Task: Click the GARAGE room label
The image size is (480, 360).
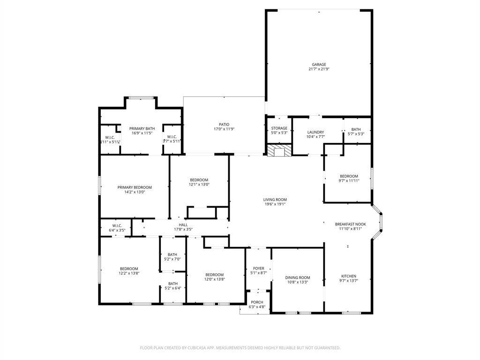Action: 319,65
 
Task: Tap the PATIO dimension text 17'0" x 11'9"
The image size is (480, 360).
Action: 224,129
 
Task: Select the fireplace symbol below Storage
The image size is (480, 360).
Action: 279,150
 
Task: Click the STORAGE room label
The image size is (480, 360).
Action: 279,128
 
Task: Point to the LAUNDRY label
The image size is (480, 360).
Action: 315,132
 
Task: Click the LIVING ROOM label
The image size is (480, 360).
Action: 274,199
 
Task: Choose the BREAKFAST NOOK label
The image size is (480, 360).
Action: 350,224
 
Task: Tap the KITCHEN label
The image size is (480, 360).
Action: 348,276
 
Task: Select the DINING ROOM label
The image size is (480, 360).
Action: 298,277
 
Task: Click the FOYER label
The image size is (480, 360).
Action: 258,269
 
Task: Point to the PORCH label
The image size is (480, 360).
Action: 257,302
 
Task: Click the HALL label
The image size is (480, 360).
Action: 183,225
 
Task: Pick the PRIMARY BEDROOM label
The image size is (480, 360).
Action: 135,187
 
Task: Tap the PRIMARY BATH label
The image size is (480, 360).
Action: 142,128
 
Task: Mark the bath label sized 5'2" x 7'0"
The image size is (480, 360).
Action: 173,255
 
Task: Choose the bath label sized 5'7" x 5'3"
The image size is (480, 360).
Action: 356,129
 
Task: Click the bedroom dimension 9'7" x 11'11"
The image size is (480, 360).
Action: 349,181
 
